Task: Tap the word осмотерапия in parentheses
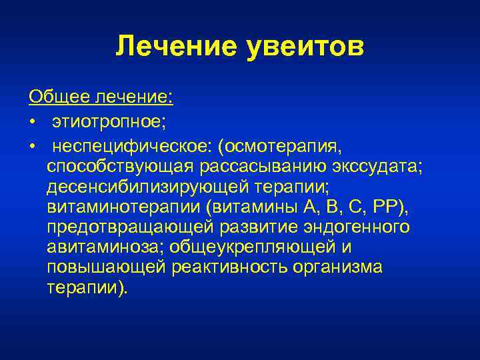pyautogui.click(x=274, y=145)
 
